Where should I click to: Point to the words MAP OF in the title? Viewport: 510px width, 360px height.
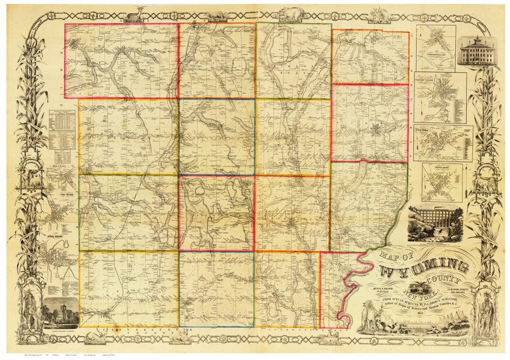click(391, 259)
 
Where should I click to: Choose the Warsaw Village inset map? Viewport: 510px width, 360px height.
click(440, 98)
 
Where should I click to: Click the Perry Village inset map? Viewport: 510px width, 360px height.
click(442, 143)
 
